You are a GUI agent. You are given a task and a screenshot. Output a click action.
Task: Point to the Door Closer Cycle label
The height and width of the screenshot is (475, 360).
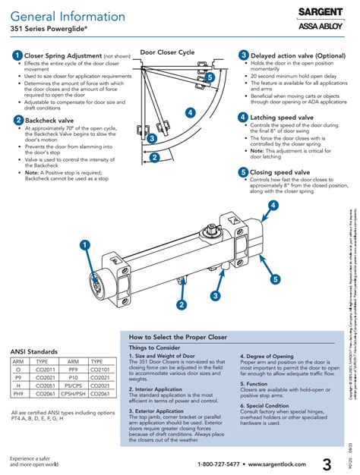[x=167, y=53]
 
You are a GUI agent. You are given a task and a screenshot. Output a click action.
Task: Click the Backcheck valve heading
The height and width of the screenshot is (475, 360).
[x=49, y=120]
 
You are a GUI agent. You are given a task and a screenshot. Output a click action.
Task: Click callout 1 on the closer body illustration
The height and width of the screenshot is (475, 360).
[x=84, y=265]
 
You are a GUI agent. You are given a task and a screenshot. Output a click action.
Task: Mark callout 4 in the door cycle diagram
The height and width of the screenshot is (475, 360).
[x=190, y=112]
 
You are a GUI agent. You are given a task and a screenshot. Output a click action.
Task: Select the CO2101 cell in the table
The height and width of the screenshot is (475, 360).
[x=101, y=370]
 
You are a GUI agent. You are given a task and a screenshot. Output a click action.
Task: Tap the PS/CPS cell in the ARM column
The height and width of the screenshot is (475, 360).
[x=73, y=385]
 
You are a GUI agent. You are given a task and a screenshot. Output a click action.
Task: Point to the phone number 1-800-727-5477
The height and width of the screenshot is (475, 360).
[x=219, y=464]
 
